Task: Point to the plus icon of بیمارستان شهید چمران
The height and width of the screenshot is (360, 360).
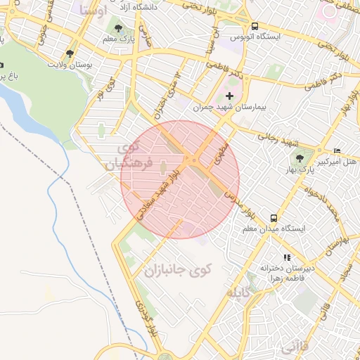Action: (x=229, y=95)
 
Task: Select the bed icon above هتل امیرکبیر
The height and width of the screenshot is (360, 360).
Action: (x=337, y=150)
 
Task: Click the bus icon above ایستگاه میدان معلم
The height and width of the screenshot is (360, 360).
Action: (x=273, y=217)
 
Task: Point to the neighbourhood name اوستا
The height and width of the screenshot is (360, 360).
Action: (x=94, y=11)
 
